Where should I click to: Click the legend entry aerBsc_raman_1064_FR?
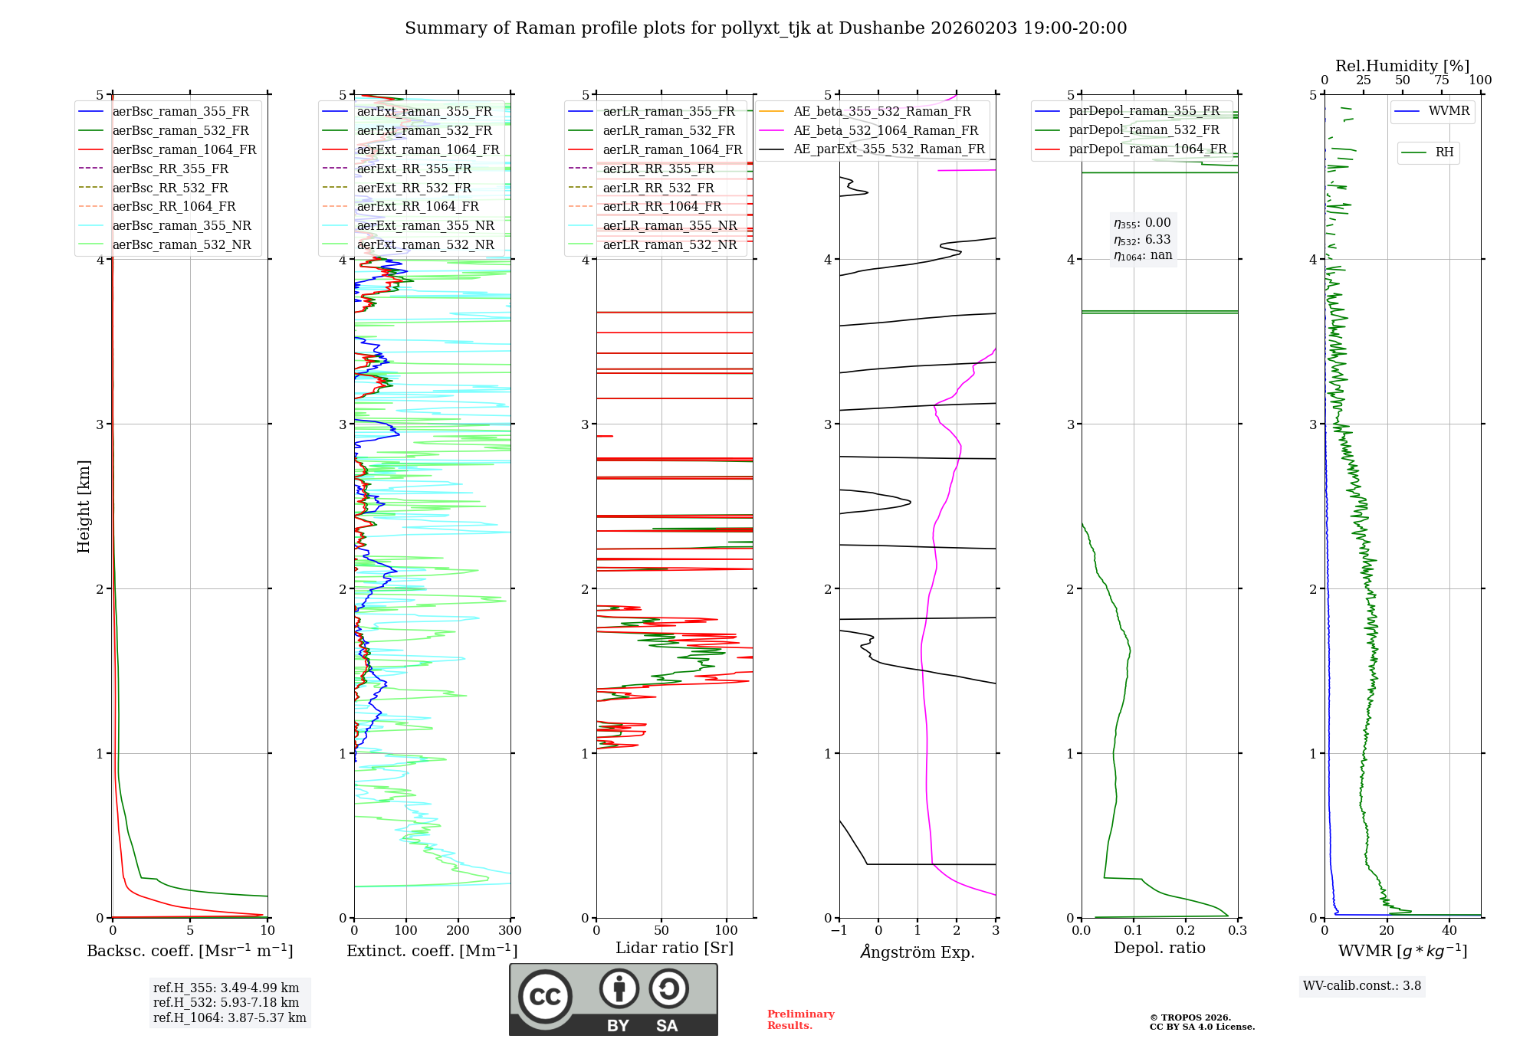[x=184, y=149]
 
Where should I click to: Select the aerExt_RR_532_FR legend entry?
[x=417, y=188]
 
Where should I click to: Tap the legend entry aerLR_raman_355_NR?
[x=669, y=225]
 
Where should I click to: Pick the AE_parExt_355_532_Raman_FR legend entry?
[x=888, y=149]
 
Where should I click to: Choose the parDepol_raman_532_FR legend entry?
[x=1144, y=129]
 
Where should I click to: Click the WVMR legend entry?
[x=1449, y=111]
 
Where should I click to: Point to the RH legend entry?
[x=1444, y=152]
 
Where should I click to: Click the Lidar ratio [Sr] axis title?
[x=675, y=948]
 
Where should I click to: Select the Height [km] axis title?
[x=84, y=506]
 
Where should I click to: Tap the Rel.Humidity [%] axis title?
[x=1402, y=66]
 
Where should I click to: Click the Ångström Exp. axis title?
[x=918, y=952]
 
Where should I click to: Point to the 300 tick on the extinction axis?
[x=510, y=931]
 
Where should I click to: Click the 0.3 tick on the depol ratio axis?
[x=1238, y=931]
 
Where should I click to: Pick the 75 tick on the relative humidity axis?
[x=1442, y=80]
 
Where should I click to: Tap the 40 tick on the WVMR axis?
[x=1449, y=931]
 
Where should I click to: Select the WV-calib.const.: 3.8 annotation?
[x=1362, y=986]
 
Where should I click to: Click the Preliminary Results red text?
[x=800, y=1020]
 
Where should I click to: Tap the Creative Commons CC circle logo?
[x=545, y=997]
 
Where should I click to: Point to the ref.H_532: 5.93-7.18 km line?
[x=226, y=1002]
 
